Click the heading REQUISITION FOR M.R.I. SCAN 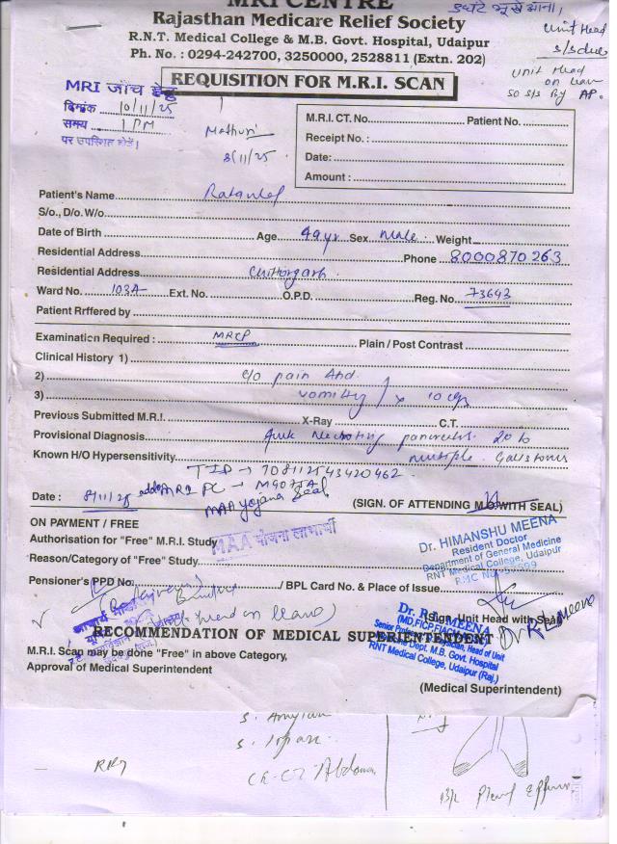pyautogui.click(x=308, y=83)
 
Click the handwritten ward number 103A pyautogui.click(x=125, y=289)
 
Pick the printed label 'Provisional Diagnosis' pyautogui.click(x=90, y=435)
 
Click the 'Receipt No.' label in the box pyautogui.click(x=335, y=138)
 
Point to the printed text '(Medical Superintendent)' pyautogui.click(x=490, y=689)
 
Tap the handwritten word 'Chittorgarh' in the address pyautogui.click(x=286, y=274)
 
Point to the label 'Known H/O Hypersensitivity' pyautogui.click(x=105, y=456)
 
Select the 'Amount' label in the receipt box pyautogui.click(x=328, y=177)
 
